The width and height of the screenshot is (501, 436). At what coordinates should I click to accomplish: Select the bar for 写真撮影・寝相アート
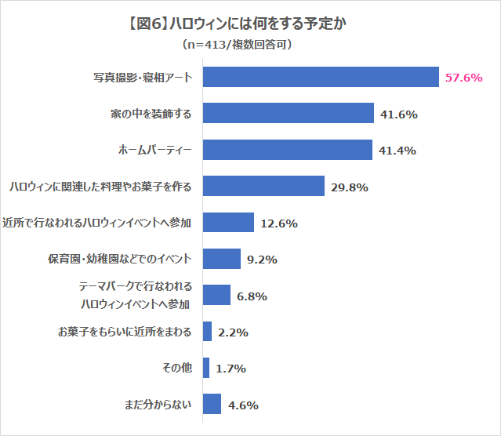coord(320,77)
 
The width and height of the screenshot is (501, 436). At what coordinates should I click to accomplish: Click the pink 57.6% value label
coord(463,78)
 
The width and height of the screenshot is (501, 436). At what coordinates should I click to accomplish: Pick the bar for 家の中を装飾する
coord(288,114)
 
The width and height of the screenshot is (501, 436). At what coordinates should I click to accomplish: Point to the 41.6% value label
coord(398,114)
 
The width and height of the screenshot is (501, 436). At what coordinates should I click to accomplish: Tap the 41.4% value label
coord(397,151)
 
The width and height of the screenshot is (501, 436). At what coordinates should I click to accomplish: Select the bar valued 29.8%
coord(263,186)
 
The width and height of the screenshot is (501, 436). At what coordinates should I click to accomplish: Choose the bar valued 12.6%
coord(228,223)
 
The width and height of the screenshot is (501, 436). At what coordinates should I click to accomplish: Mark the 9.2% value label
coord(262,260)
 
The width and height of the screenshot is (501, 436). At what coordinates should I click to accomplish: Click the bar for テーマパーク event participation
coord(216,295)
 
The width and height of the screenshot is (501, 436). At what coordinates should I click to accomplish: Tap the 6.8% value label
coord(252,296)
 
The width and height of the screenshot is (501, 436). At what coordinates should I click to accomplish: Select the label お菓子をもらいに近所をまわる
coord(124,332)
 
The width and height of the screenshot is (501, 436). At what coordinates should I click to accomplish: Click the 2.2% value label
coord(233,332)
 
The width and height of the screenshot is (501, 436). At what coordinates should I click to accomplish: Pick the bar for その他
coord(206,368)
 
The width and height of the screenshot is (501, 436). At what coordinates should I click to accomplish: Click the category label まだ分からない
coord(158,405)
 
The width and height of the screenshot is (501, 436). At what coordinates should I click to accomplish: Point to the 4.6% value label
coord(243,405)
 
